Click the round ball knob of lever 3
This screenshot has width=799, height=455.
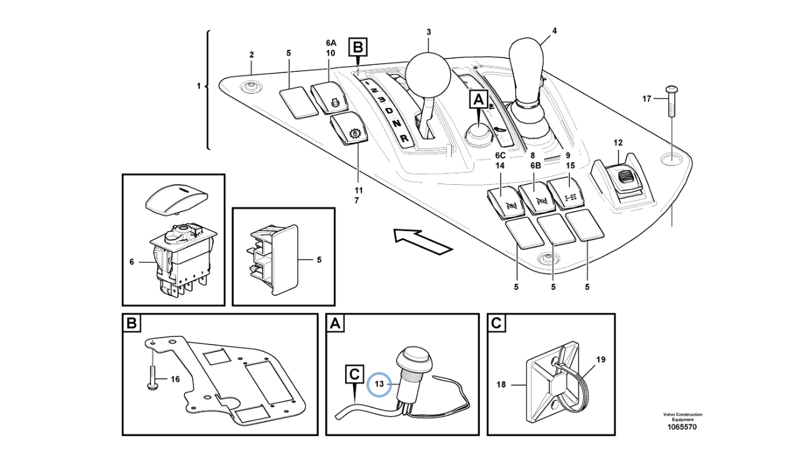tap(428, 74)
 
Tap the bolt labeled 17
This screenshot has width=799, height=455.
tap(672, 100)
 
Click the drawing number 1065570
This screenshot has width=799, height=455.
tap(682, 428)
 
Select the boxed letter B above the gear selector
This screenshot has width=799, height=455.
tap(358, 46)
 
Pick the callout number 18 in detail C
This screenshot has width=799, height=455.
tap(501, 385)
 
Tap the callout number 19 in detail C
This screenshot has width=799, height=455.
tap(600, 360)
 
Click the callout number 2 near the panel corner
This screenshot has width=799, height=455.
tap(252, 55)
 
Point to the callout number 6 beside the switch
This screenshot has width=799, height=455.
tap(132, 262)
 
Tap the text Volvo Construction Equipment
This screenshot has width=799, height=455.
tap(682, 417)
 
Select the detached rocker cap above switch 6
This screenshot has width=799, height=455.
tap(175, 198)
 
